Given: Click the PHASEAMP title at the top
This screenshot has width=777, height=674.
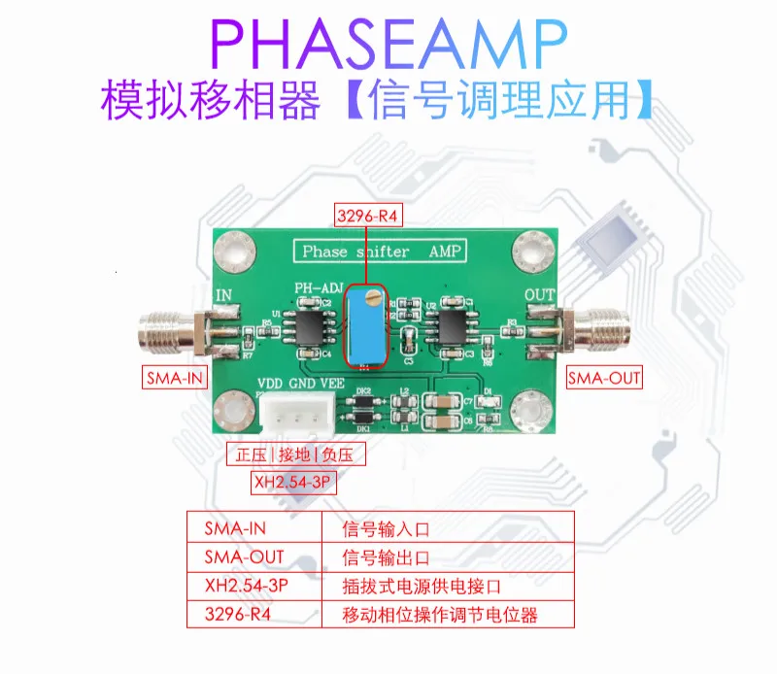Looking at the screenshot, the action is pyautogui.click(x=388, y=44).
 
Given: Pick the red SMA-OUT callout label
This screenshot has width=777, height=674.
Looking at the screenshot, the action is pyautogui.click(x=604, y=378).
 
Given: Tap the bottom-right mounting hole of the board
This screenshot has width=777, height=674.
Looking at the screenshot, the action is pyautogui.click(x=531, y=407).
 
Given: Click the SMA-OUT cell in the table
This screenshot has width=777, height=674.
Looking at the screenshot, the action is pyautogui.click(x=244, y=558).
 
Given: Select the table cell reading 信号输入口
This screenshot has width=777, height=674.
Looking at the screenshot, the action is pyautogui.click(x=386, y=529).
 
